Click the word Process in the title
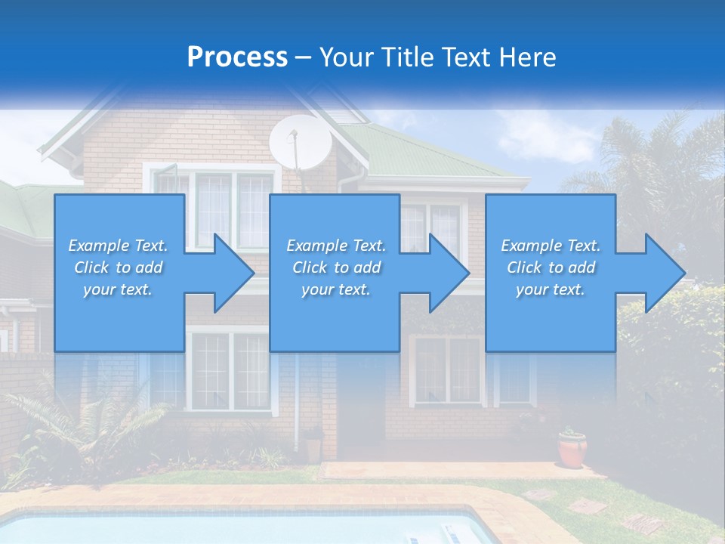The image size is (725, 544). click(237, 57)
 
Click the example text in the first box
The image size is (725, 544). click(119, 267)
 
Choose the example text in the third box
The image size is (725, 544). click(551, 267)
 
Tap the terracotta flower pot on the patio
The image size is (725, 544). click(572, 449)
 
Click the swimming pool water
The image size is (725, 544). click(227, 529)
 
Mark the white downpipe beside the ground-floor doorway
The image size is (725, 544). click(297, 400)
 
